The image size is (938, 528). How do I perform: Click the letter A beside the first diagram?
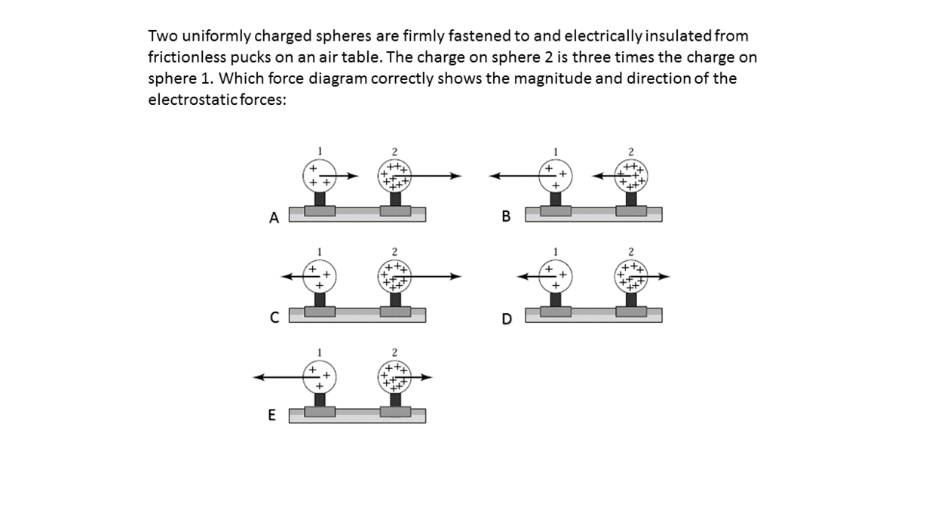[x=274, y=218]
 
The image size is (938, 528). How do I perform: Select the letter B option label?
[x=506, y=216]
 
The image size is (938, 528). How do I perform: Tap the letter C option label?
[x=274, y=318]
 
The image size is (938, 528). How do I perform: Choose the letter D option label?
[x=507, y=319]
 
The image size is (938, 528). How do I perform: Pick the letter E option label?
[x=271, y=415]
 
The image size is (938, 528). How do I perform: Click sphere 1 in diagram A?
[x=320, y=176]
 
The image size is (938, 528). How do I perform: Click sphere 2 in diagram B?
[x=631, y=176]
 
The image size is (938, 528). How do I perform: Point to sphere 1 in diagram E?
[x=320, y=377]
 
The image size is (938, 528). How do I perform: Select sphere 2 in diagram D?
[x=631, y=277]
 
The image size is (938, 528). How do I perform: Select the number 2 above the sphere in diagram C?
[x=394, y=252]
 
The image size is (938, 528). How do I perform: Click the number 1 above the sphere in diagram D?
[x=556, y=252]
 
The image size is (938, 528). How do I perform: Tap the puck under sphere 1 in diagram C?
[x=320, y=312]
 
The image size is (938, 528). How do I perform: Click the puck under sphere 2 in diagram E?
[x=395, y=412]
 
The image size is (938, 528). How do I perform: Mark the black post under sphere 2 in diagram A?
[x=395, y=199]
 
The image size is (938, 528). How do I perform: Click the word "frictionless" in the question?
[x=186, y=57]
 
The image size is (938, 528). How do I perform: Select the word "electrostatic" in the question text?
[x=193, y=100]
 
